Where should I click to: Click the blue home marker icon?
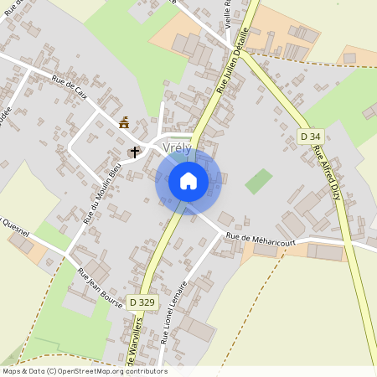point(188,180)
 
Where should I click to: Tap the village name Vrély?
point(177,147)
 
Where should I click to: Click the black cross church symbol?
point(134,152)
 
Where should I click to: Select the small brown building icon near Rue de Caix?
point(124,123)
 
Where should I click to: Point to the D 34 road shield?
point(310,136)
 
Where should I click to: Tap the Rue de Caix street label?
point(70,85)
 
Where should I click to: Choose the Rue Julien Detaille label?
point(233,60)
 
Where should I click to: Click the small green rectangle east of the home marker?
point(259,181)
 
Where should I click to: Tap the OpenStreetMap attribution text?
point(85,371)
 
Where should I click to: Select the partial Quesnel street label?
point(15,225)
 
